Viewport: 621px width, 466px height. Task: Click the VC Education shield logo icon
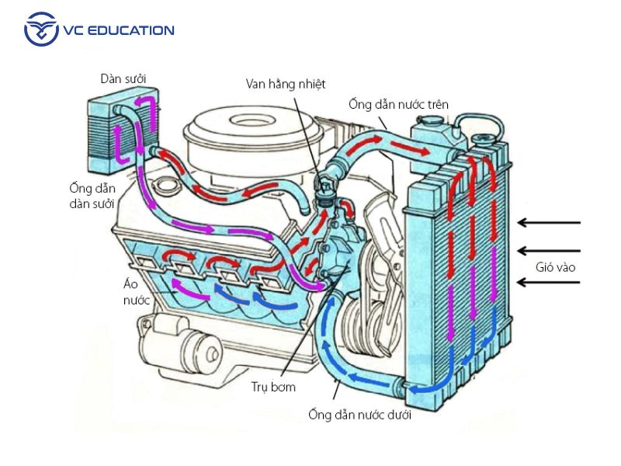pos(40,30)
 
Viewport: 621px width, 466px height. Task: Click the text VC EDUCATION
pos(120,31)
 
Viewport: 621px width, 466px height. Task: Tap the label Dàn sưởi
pos(123,78)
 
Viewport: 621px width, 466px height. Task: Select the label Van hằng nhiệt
pos(286,83)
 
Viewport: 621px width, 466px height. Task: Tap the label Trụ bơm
pos(273,386)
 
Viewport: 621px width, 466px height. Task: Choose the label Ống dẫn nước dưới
pos(359,414)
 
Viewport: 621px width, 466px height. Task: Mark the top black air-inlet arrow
pos(550,223)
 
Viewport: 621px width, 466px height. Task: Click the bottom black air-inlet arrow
pos(550,283)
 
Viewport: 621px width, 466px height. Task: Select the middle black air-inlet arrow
pos(550,250)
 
